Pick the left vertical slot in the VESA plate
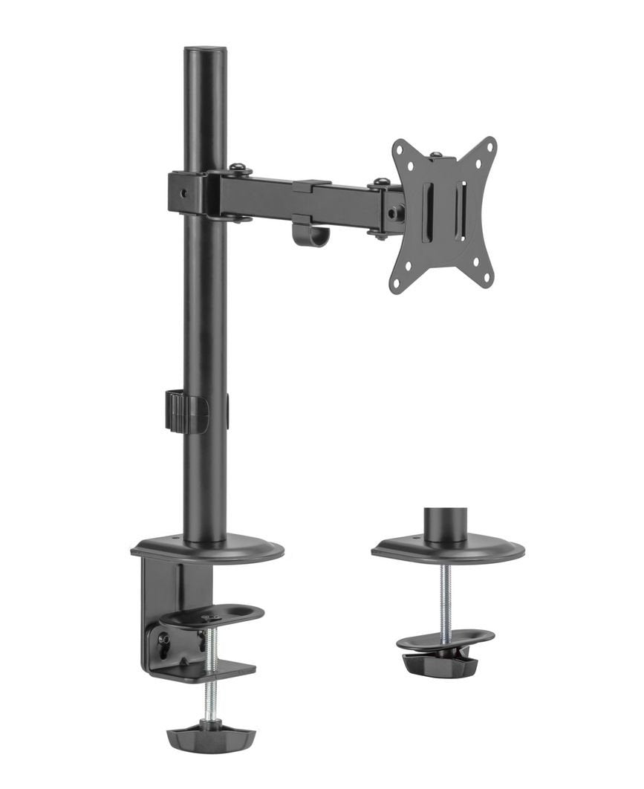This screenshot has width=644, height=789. [426, 212]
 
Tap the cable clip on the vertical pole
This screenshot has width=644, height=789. [181, 411]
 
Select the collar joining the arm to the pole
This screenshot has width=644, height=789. [186, 192]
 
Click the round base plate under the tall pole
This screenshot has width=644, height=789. [208, 551]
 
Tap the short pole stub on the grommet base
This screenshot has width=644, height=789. [446, 524]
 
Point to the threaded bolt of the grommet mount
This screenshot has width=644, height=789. [443, 598]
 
